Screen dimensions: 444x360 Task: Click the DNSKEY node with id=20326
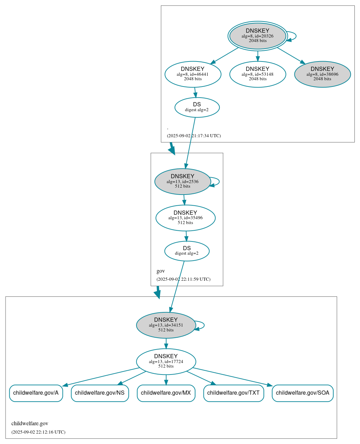pyautogui.click(x=258, y=36)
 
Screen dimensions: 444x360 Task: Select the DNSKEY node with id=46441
pyautogui.click(x=193, y=74)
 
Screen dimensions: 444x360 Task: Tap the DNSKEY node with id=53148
pyautogui.click(x=258, y=74)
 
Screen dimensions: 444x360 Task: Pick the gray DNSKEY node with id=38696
pyautogui.click(x=322, y=74)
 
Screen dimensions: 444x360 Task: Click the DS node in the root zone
pyautogui.click(x=197, y=107)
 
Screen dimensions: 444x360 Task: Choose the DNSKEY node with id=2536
pyautogui.click(x=182, y=181)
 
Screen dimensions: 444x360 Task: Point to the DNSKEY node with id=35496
pyautogui.click(x=185, y=218)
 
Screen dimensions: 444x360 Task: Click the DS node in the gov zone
pyautogui.click(x=187, y=251)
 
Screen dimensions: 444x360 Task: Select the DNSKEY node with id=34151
pyautogui.click(x=166, y=325)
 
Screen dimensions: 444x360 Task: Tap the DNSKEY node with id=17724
pyautogui.click(x=166, y=361)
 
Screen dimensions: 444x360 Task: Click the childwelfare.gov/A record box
pyautogui.click(x=36, y=393)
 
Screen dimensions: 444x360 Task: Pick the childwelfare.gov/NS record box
pyautogui.click(x=100, y=393)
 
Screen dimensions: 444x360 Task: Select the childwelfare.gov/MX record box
pyautogui.click(x=166, y=393)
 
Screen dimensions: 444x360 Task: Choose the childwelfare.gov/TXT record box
pyautogui.click(x=233, y=393)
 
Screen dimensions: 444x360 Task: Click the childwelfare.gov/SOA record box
pyautogui.click(x=302, y=393)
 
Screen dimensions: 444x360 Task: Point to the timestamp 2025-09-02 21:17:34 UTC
pyautogui.click(x=194, y=135)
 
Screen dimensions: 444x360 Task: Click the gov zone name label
pyautogui.click(x=161, y=271)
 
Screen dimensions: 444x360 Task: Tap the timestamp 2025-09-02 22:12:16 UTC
pyautogui.click(x=38, y=432)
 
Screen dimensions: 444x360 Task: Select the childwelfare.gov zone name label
pyautogui.click(x=30, y=424)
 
